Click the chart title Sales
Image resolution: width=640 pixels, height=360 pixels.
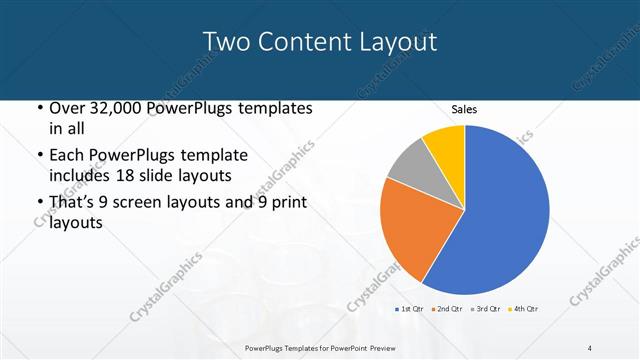click(464, 109)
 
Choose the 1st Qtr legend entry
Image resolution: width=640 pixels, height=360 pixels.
click(410, 309)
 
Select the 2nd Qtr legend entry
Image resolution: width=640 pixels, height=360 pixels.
click(447, 309)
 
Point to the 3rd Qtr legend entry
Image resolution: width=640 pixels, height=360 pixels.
click(486, 309)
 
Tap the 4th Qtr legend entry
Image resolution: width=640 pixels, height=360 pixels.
click(525, 309)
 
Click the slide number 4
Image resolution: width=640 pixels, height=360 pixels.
click(590, 347)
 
